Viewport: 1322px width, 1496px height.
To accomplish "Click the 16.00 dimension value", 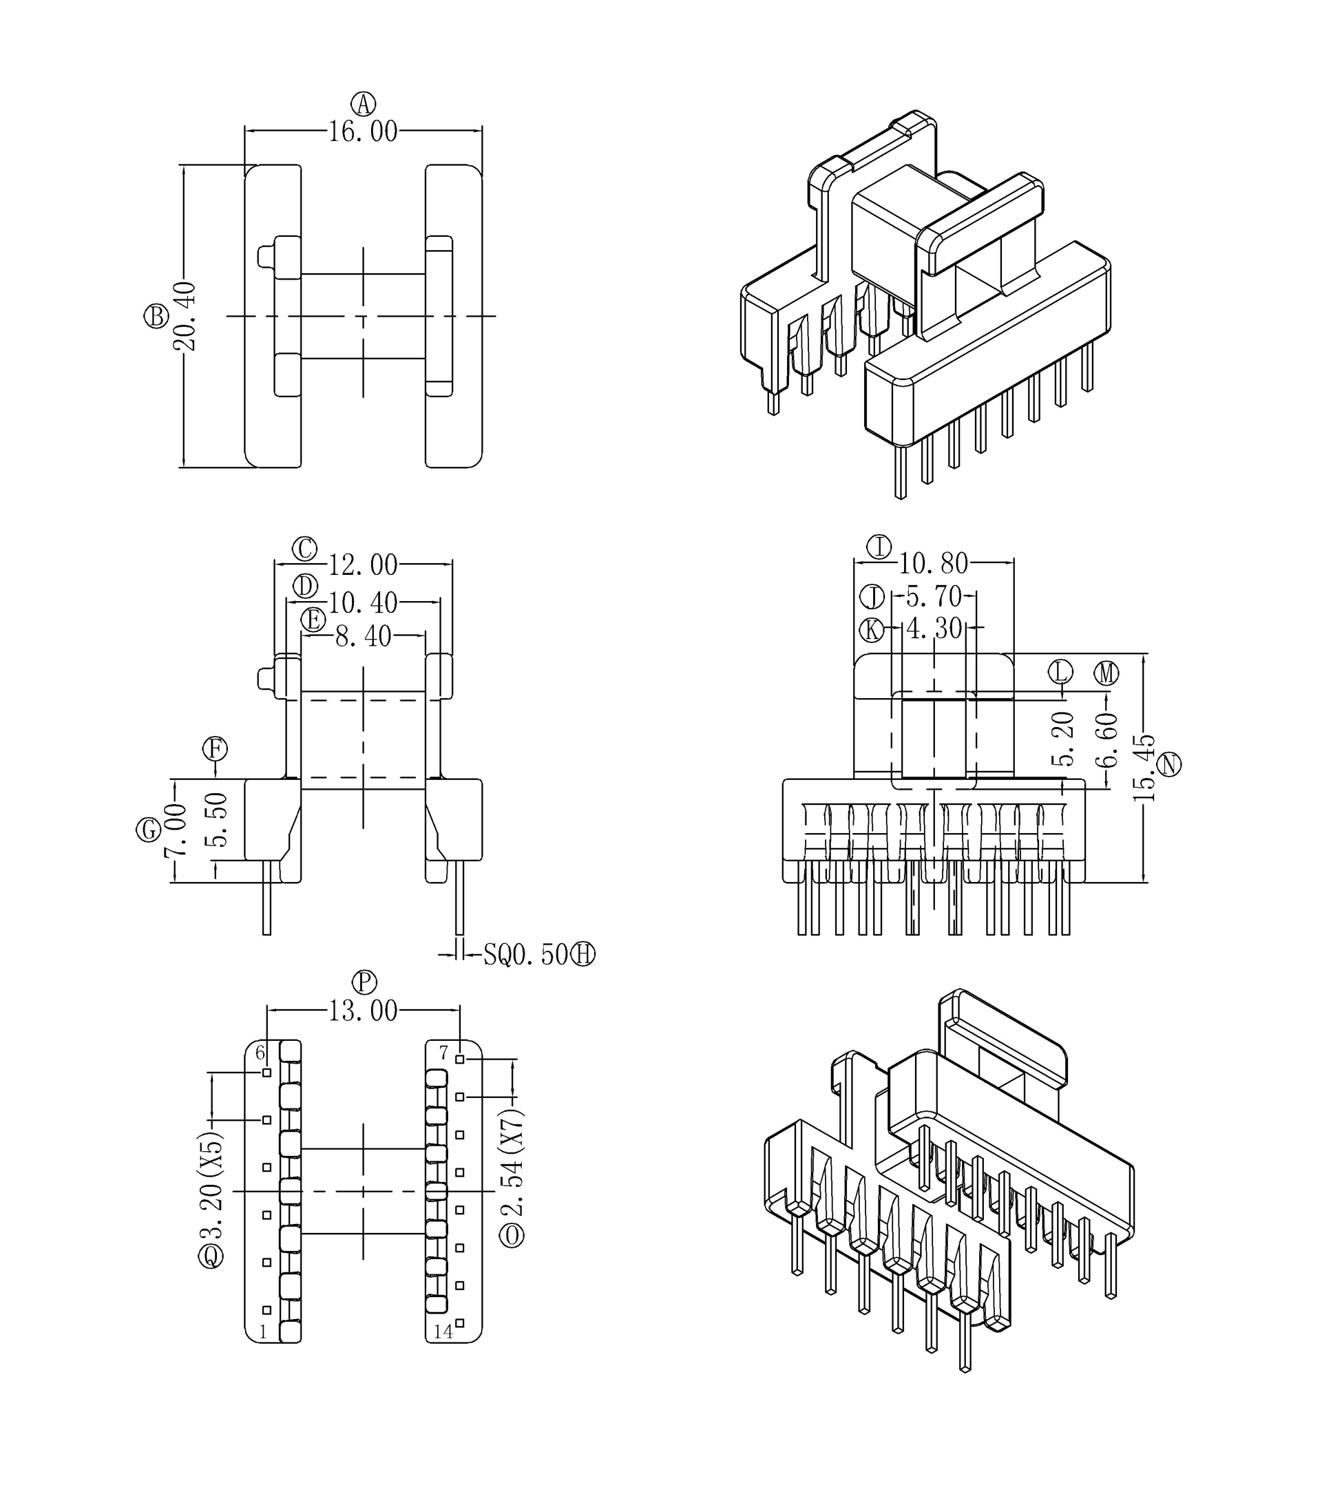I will click(362, 131).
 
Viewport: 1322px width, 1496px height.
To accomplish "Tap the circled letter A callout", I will click(363, 104).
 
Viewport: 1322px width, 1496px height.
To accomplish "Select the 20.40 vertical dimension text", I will click(185, 316).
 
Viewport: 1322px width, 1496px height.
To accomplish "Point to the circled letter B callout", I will click(156, 316).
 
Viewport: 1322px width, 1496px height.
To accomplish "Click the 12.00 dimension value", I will click(362, 565).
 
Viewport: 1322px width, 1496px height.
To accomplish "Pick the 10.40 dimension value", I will click(362, 603).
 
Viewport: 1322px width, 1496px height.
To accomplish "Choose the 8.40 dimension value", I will click(363, 637).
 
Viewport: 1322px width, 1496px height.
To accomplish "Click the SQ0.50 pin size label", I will click(525, 954).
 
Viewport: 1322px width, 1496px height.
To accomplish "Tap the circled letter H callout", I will click(583, 954).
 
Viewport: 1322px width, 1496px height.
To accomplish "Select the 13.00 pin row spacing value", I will click(362, 1011).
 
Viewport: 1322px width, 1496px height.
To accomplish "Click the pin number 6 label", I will click(259, 1053).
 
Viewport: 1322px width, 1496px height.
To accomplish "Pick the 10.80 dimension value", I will click(933, 564).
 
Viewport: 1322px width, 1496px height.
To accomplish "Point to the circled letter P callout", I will click(364, 982).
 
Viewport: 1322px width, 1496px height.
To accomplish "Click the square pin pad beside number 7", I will click(460, 1059).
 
